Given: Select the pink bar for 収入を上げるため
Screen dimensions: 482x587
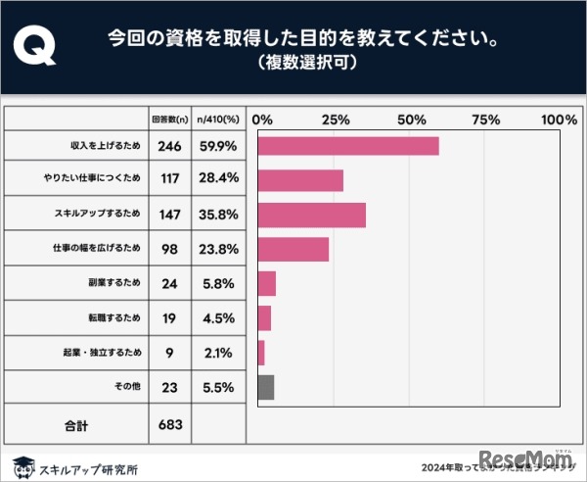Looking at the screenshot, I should point(347,146).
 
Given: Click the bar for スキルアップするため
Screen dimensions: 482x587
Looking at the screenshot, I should point(311,215).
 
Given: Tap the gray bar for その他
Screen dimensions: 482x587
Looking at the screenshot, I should point(265,387).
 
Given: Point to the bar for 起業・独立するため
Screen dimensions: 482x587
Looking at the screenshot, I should point(260,353).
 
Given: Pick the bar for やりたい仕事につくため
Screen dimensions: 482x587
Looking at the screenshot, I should point(300,180).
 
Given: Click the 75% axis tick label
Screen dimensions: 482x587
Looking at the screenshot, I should point(485,120).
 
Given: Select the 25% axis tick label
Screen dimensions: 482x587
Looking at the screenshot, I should point(335,120).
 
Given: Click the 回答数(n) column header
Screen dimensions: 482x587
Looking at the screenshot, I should point(168,120).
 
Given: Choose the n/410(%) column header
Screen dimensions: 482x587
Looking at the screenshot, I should point(217,120).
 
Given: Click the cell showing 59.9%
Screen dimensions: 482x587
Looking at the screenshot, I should point(217,146).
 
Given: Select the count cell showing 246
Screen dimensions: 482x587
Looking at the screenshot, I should point(168,146).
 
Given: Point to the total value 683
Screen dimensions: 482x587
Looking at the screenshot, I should point(168,426).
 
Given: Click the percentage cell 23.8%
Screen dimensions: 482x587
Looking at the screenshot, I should point(217,249).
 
